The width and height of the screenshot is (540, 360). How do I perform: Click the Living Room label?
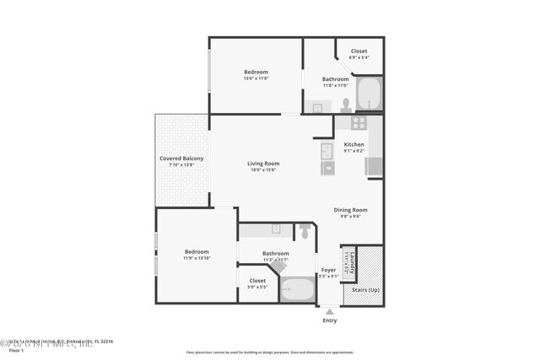(263, 163)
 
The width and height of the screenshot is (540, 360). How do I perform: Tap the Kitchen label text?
(354, 145)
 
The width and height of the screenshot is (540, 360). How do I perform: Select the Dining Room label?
(351, 209)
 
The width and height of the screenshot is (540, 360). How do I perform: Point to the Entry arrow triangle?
(329, 311)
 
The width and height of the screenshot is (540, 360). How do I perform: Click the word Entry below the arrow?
(329, 320)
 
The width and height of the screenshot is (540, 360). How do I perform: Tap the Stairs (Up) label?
(364, 289)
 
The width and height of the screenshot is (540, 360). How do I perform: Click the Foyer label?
(328, 270)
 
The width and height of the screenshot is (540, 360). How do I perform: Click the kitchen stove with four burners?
(358, 123)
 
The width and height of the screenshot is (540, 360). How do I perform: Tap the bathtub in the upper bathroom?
(370, 94)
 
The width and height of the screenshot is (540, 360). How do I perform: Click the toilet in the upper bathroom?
(346, 105)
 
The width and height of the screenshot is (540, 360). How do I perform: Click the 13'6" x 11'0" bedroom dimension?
(256, 78)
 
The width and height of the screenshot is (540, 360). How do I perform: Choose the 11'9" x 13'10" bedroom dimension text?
(197, 258)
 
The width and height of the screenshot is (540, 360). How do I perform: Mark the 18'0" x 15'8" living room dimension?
(263, 170)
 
